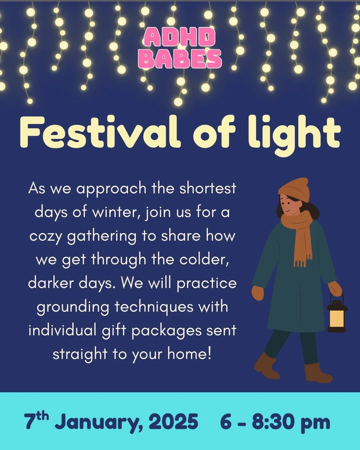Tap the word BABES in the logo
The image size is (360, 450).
click(x=180, y=59)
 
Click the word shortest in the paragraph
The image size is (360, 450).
click(x=208, y=188)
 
